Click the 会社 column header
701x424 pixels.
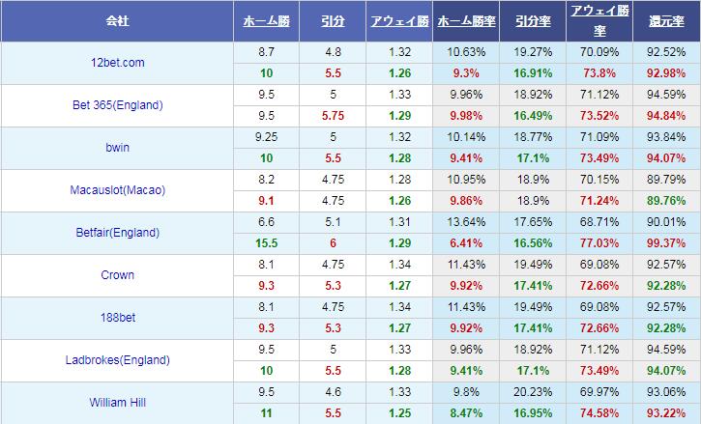click(x=118, y=19)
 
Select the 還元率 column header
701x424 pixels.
click(x=666, y=19)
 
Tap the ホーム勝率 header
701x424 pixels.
click(x=466, y=19)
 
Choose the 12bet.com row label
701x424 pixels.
click(x=118, y=63)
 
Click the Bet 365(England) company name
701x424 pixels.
click(x=118, y=105)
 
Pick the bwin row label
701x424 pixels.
click(x=118, y=148)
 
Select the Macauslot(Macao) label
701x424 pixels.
click(x=118, y=190)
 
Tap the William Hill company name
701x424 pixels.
click(x=118, y=403)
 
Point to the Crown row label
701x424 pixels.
click(x=118, y=275)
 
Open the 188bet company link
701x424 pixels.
click(x=118, y=318)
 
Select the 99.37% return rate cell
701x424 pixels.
click(x=666, y=243)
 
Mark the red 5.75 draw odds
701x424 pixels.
click(x=333, y=116)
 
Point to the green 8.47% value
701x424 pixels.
click(x=466, y=413)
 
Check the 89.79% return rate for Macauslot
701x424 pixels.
click(x=666, y=180)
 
